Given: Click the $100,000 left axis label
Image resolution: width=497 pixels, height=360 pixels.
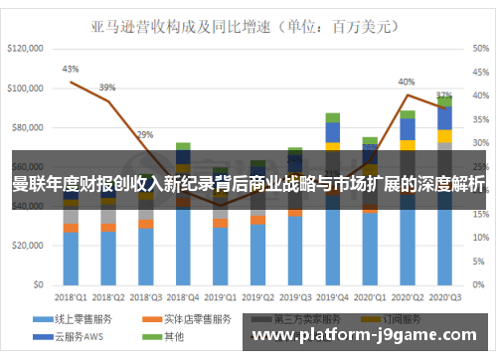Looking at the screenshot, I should click(25, 89).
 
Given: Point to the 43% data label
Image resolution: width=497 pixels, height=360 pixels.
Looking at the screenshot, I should click(70, 70).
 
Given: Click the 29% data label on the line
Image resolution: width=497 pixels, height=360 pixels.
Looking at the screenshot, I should click(145, 134).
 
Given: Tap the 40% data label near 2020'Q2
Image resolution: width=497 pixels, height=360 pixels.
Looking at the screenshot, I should click(407, 82).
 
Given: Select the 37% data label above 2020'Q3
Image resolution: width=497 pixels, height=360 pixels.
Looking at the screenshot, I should click(444, 95).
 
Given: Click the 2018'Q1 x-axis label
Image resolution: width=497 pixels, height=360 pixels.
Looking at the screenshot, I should click(70, 295).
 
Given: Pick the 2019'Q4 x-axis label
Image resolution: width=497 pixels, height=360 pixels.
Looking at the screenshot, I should click(332, 295).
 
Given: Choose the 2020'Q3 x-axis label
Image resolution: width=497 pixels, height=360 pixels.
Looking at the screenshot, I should click(444, 295).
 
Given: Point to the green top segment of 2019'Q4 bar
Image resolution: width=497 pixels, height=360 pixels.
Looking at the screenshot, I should click(332, 117).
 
